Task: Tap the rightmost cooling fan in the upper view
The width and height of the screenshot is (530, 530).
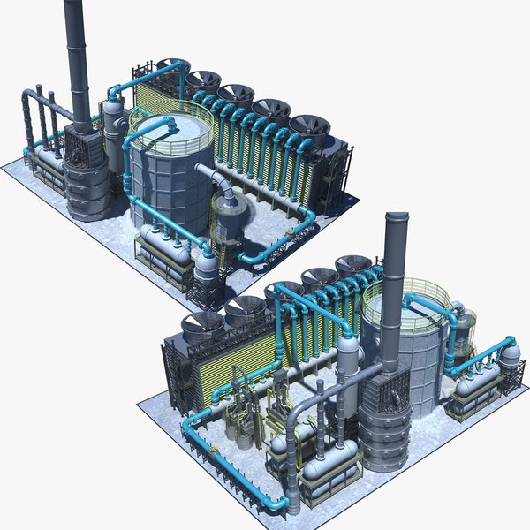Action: (309, 126)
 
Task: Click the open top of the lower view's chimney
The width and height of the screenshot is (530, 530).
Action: (397, 217)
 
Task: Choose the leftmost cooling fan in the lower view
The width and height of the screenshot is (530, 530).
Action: (201, 323)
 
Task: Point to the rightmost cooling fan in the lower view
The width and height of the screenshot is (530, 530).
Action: (353, 265)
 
